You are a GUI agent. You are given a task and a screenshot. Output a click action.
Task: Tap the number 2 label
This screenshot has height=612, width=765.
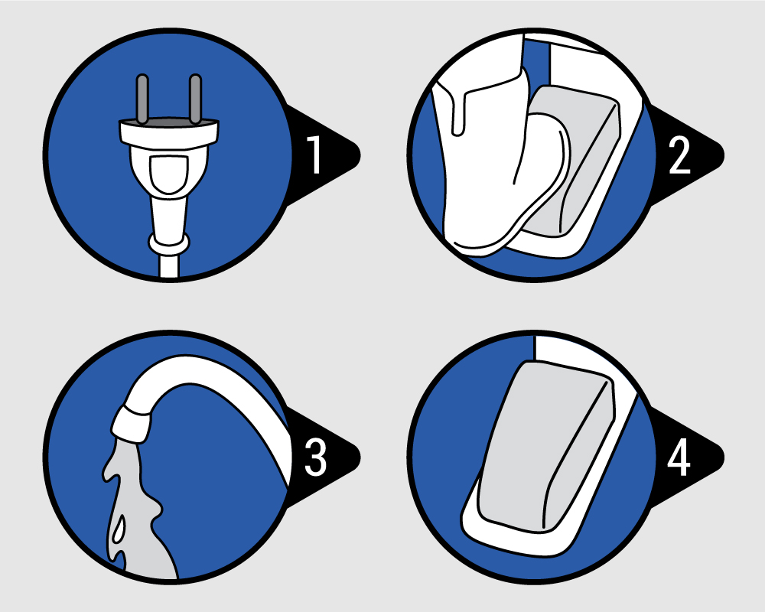[x=679, y=155]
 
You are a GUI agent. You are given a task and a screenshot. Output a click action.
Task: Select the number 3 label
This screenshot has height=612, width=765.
[x=315, y=457]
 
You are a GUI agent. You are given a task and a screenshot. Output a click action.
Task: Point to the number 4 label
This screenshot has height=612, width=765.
[x=679, y=457]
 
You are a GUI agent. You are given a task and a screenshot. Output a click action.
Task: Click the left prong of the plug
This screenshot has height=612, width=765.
[x=142, y=98]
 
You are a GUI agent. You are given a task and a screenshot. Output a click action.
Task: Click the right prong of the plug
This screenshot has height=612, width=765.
[x=195, y=98]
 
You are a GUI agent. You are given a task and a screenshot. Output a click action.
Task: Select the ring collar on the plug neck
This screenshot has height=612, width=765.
[x=169, y=243]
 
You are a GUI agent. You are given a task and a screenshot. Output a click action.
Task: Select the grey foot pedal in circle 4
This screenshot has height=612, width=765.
[x=544, y=449]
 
